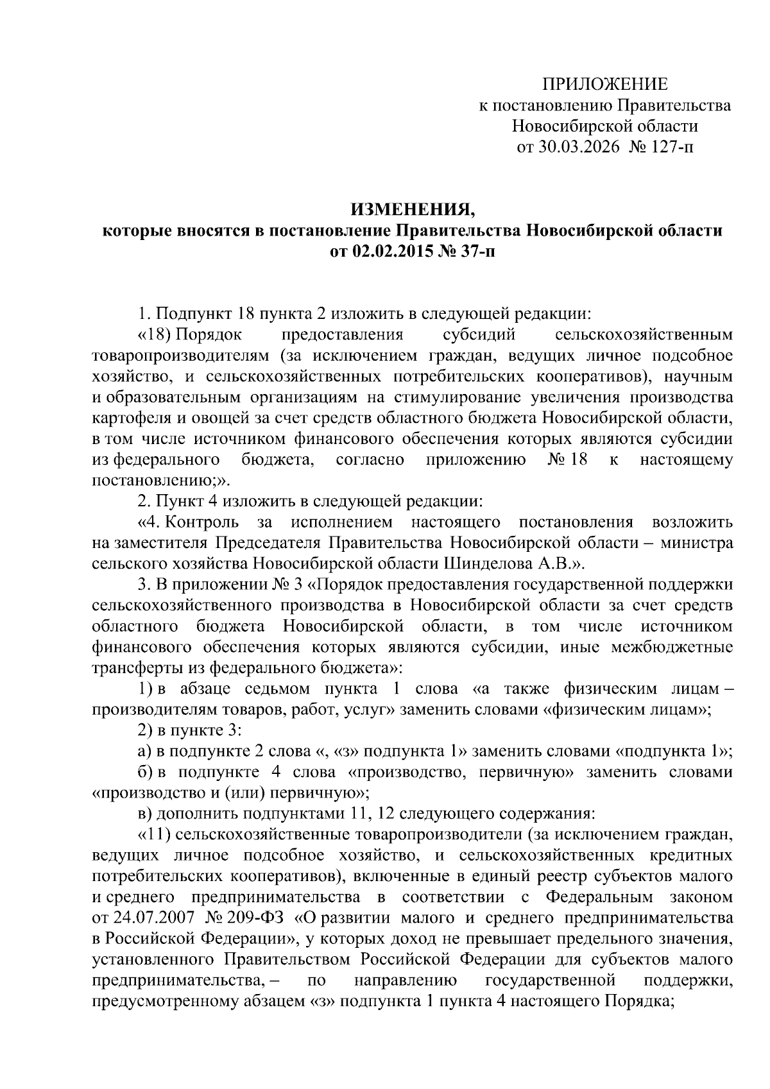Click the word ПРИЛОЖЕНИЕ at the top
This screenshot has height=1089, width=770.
pos(605,84)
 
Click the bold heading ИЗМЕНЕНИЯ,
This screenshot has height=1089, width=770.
pos(413,210)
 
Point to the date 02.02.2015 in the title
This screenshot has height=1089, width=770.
pos(393,252)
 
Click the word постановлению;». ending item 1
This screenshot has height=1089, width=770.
pos(160,480)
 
